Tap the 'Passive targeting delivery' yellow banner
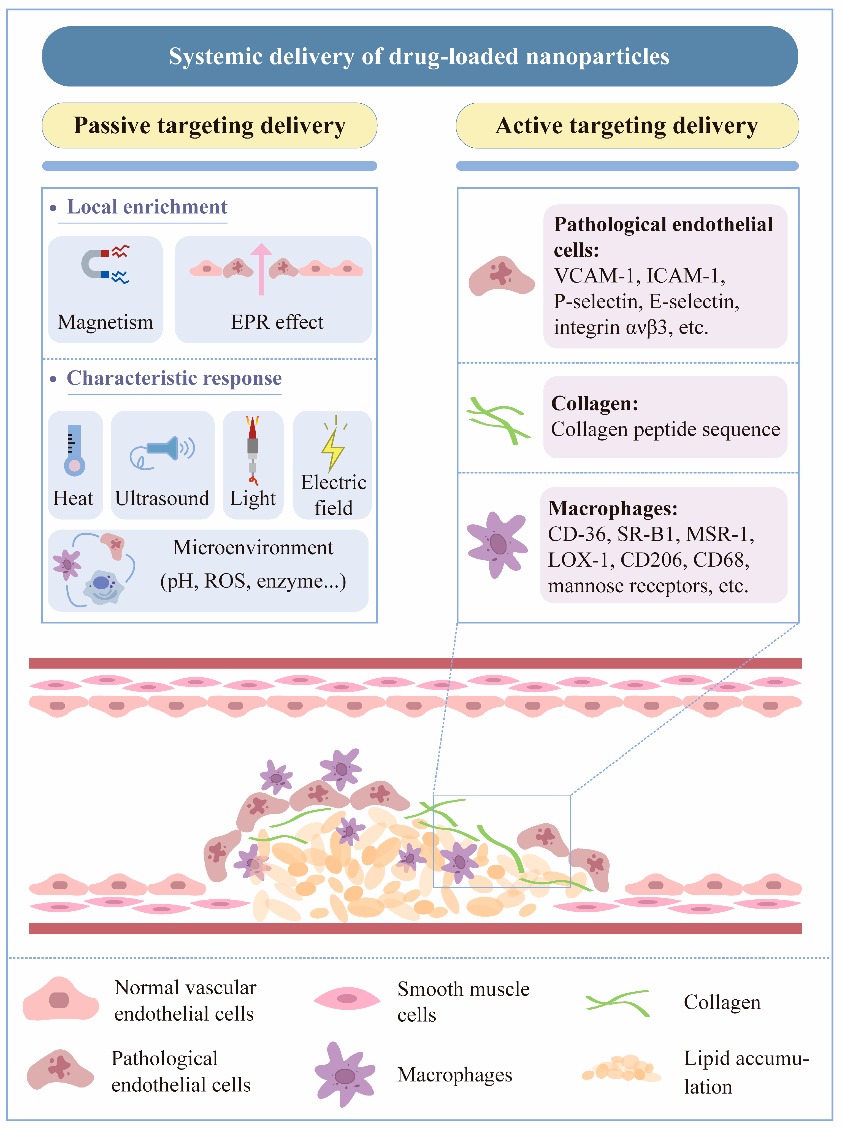tap(210, 125)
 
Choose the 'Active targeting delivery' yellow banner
tap(627, 125)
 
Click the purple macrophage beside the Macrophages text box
tap(497, 544)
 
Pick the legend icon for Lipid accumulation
tap(622, 1068)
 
